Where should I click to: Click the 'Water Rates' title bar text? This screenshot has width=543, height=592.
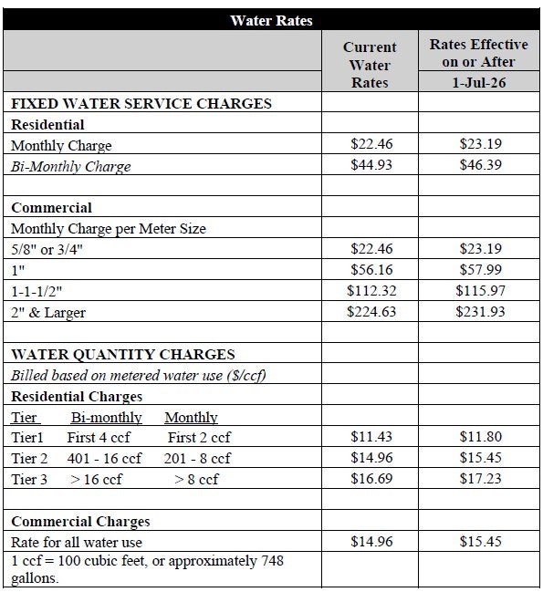(x=272, y=19)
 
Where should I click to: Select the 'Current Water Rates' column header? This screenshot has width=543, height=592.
(x=370, y=65)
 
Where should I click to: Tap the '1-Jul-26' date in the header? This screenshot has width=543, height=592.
(x=479, y=82)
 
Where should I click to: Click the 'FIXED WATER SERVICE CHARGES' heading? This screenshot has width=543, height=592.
(x=141, y=103)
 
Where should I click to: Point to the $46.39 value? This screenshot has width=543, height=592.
(x=479, y=166)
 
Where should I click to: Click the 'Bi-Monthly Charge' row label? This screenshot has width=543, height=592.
(x=71, y=167)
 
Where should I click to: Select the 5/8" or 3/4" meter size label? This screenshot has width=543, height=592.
(x=47, y=250)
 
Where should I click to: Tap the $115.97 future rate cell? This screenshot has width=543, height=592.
(x=479, y=291)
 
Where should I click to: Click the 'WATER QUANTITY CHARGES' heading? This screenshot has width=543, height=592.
(x=123, y=355)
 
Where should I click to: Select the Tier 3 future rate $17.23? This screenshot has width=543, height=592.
(x=479, y=479)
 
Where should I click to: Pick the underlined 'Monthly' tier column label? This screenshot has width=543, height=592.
(x=191, y=418)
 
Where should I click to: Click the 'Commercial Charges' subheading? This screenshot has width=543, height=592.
(x=80, y=522)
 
